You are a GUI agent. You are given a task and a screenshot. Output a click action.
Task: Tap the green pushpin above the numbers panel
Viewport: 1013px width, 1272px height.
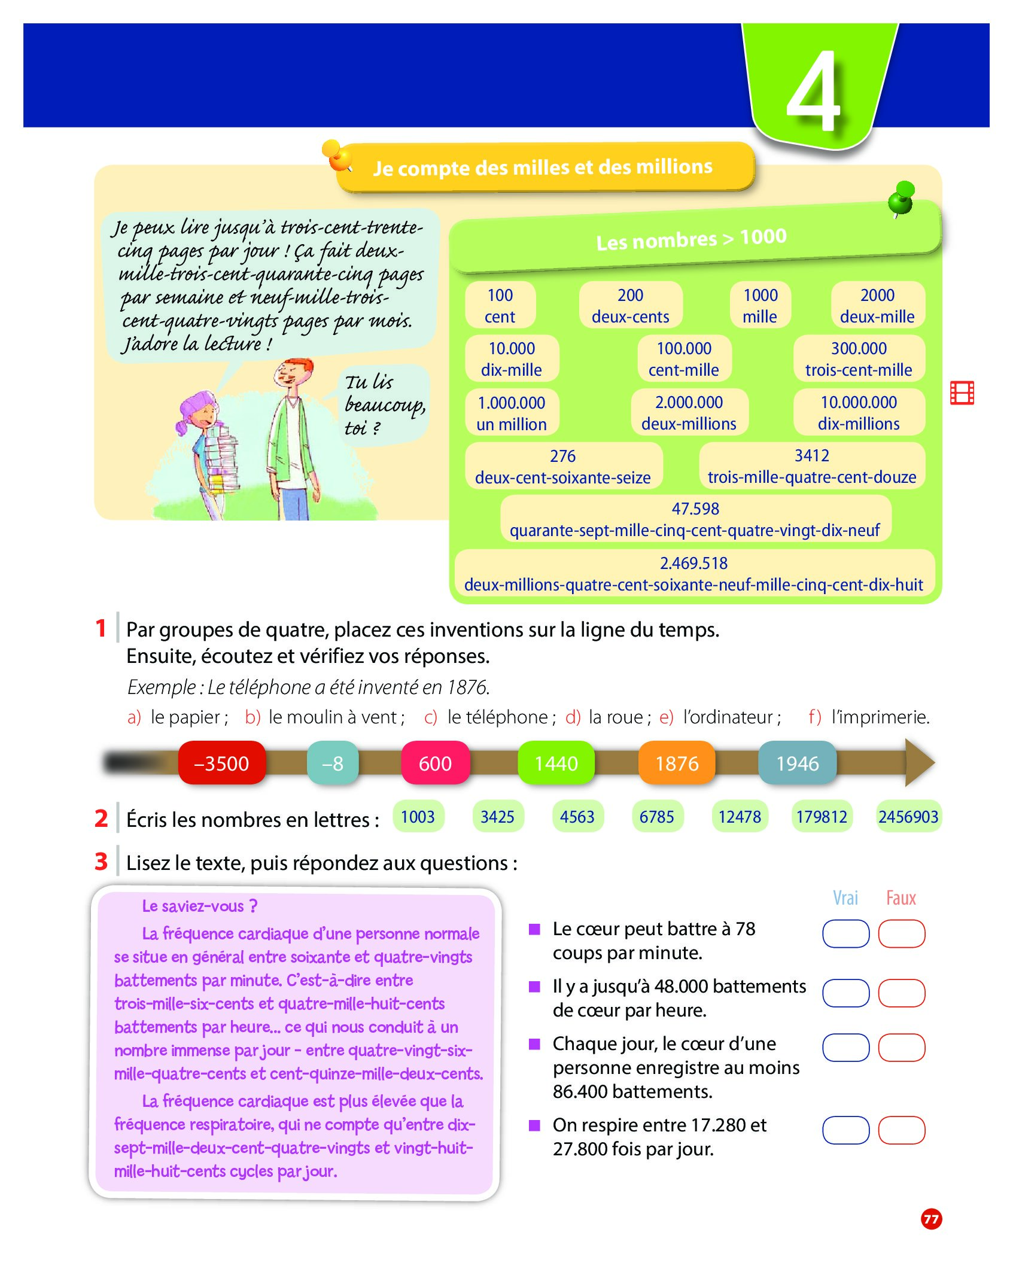pos(901,199)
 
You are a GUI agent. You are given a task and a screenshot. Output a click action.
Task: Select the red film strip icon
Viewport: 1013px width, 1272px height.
pos(962,392)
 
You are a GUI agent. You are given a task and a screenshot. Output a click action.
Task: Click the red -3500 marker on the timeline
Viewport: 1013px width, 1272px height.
pos(221,763)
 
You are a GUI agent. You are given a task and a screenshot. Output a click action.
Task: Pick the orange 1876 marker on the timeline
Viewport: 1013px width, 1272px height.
pos(677,763)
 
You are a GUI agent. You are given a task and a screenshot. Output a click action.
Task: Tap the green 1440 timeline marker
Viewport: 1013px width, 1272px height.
pos(556,763)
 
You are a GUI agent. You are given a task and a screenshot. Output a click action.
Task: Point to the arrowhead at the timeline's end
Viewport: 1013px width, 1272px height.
pos(920,762)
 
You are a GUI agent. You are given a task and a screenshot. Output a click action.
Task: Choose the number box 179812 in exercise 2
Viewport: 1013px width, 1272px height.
pos(822,817)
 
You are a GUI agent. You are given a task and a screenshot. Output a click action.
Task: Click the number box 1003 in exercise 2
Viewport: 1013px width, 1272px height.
pos(418,817)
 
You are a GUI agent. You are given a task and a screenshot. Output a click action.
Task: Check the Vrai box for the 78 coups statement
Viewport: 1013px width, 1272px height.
pos(845,934)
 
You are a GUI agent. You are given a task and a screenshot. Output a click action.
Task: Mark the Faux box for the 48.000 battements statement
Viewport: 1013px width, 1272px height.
pos(902,993)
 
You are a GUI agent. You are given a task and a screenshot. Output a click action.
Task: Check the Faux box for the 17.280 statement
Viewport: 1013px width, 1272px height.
pos(902,1130)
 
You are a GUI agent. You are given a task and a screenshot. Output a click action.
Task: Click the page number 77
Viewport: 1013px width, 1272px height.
pos(931,1219)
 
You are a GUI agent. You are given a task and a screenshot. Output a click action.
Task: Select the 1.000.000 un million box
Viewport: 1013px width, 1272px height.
pos(512,413)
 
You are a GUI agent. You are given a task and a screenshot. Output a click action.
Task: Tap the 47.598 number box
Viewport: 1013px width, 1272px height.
pos(695,519)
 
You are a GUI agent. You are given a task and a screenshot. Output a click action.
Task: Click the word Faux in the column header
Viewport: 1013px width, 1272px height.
pos(901,898)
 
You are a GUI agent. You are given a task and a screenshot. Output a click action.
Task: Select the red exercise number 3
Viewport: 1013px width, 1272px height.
pos(101,862)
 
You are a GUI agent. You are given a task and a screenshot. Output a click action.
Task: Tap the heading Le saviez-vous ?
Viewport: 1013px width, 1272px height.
pos(199,906)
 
